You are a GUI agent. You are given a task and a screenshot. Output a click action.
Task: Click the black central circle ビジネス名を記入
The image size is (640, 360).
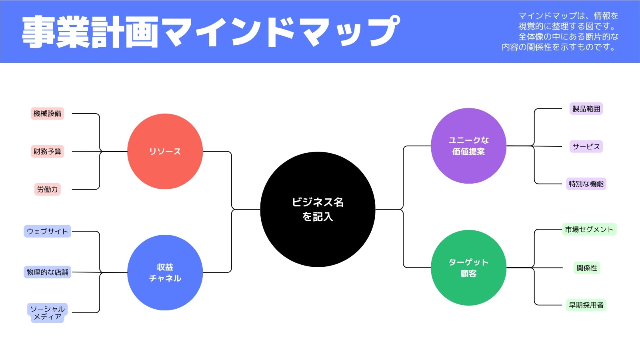tap(318, 210)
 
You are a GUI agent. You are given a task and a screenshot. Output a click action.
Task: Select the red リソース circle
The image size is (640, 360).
tap(165, 152)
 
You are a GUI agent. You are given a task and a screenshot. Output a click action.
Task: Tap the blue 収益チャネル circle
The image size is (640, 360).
tap(165, 272)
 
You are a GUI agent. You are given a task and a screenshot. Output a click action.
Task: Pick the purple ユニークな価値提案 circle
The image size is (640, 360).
tap(468, 146)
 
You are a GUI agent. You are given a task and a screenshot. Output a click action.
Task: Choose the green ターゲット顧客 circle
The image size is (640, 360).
tap(468, 268)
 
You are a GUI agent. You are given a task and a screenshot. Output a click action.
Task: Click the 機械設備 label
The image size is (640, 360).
tap(48, 114)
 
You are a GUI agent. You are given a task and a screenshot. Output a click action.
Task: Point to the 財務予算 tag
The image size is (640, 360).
tap(48, 152)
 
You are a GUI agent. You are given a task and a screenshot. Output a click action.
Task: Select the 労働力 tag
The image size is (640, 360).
tap(48, 190)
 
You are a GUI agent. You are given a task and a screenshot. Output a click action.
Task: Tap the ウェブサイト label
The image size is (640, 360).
tap(48, 231)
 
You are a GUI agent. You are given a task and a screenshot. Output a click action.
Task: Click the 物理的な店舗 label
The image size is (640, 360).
tap(48, 272)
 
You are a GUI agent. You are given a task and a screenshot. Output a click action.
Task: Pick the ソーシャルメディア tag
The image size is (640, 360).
tap(48, 313)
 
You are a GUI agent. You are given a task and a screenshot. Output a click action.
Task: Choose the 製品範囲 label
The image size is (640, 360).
tap(586, 108)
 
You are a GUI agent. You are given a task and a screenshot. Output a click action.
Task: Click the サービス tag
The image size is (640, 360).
tap(586, 146)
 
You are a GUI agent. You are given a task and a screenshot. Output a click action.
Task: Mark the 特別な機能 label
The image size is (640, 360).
tap(586, 184)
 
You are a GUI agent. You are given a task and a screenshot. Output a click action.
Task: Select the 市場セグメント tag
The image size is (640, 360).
tap(589, 230)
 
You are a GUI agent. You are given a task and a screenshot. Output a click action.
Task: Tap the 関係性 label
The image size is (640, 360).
tap(587, 268)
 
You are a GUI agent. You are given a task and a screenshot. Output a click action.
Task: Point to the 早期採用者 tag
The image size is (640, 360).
tap(586, 305)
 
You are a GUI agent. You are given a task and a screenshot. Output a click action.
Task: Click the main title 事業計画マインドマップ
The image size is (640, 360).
tap(211, 32)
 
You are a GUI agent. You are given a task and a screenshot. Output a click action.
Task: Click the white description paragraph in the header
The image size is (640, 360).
tap(560, 32)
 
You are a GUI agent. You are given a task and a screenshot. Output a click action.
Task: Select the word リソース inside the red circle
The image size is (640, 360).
tap(165, 152)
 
